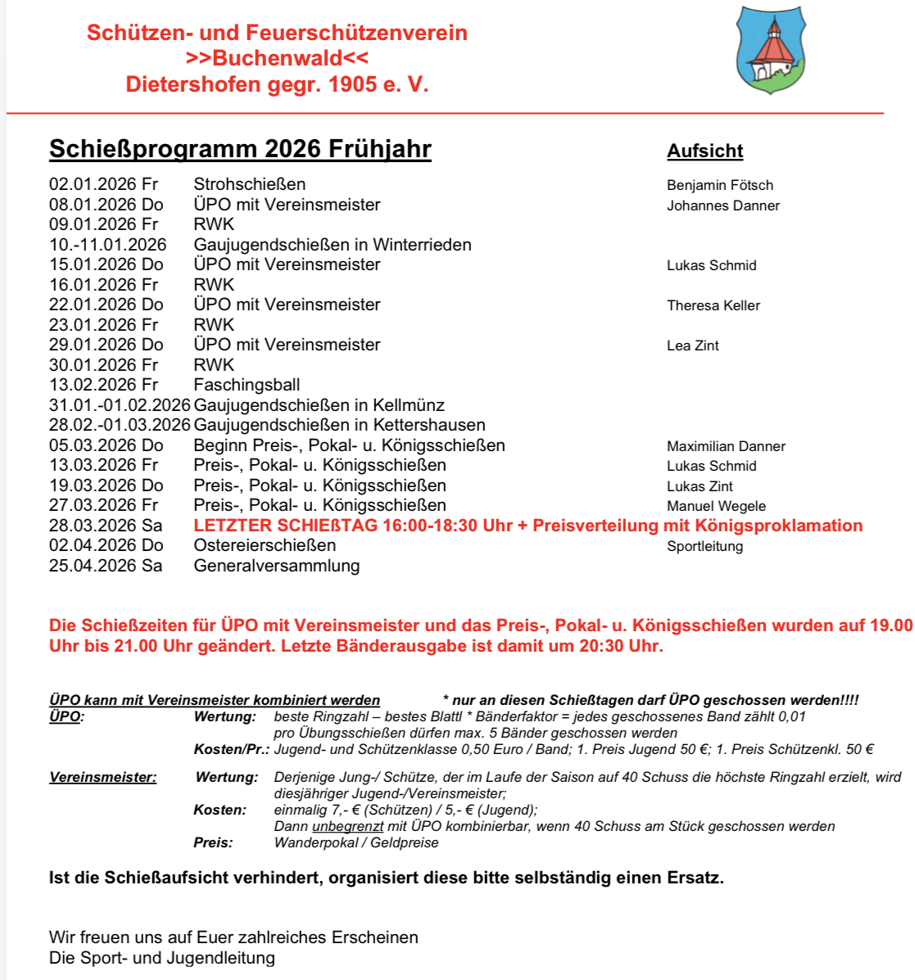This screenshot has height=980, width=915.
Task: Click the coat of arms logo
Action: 770,50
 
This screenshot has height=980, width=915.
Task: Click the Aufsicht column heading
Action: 704,151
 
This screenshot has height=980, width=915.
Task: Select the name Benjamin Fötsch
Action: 719,185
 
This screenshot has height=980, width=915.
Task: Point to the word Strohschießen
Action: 249,184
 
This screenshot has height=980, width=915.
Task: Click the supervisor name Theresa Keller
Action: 713,305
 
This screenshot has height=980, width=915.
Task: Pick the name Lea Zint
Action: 692,345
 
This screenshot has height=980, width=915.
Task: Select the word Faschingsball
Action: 247,385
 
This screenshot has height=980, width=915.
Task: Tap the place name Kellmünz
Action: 409,405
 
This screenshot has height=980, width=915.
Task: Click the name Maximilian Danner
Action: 726,446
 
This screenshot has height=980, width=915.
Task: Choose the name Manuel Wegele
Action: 716,506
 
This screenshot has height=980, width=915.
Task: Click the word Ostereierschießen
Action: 265,545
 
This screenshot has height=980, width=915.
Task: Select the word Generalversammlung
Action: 276,566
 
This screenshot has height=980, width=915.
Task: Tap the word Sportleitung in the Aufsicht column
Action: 704,546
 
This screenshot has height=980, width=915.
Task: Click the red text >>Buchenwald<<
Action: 277,58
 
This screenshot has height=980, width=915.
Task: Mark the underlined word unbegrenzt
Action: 347,826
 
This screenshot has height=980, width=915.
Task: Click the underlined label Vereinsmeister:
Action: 102,777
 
